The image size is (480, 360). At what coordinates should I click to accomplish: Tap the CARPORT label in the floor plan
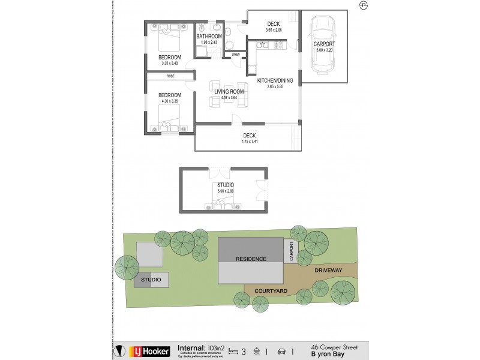pyautogui.click(x=324, y=44)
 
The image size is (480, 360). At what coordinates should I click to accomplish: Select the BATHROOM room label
pyautogui.click(x=209, y=37)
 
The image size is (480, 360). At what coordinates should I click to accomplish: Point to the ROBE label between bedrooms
pyautogui.click(x=170, y=76)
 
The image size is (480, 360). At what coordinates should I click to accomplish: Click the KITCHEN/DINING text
pyautogui.click(x=275, y=80)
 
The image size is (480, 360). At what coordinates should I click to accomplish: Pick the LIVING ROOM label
pyautogui.click(x=225, y=92)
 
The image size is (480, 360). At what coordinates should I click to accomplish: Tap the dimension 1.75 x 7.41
pyautogui.click(x=249, y=141)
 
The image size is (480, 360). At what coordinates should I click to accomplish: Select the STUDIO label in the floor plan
pyautogui.click(x=225, y=185)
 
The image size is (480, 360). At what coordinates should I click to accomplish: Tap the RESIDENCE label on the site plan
pyautogui.click(x=251, y=259)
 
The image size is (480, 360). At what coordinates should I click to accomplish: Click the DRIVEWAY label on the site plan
pyautogui.click(x=328, y=271)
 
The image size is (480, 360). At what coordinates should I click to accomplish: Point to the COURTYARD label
pyautogui.click(x=271, y=290)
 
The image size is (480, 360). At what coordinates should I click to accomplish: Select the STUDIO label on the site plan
pyautogui.click(x=151, y=280)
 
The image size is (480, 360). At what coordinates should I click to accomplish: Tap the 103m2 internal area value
pyautogui.click(x=216, y=347)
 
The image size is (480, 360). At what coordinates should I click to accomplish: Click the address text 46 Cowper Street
pyautogui.click(x=333, y=346)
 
